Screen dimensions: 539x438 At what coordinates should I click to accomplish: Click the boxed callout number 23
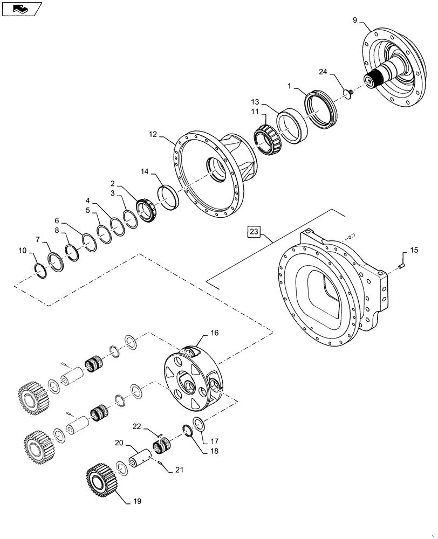coord(255,232)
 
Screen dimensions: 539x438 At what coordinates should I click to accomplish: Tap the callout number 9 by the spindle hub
coord(355,20)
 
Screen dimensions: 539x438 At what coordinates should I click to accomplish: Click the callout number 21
coord(179,470)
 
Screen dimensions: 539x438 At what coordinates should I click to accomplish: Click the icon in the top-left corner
coord(21,8)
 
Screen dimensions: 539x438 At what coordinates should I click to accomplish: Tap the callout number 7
coord(37,238)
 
